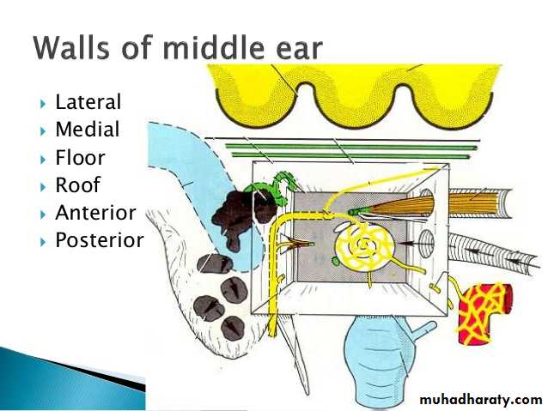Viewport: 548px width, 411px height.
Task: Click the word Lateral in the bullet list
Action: [x=88, y=103]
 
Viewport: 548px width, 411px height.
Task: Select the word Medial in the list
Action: [x=87, y=130]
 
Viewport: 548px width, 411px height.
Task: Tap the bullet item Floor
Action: [x=80, y=158]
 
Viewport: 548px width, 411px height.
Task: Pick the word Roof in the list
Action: [x=77, y=185]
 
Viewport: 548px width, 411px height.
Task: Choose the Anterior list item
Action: [x=95, y=213]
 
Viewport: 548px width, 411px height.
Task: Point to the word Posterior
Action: [x=99, y=240]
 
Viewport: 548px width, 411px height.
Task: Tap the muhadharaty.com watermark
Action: [x=482, y=400]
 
